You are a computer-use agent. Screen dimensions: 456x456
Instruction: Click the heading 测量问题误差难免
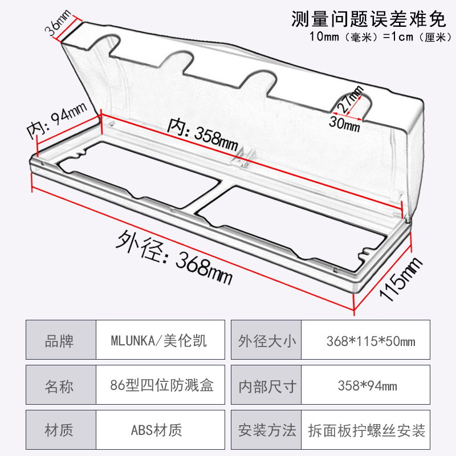367,21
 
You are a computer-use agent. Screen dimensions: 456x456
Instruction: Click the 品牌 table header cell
59,341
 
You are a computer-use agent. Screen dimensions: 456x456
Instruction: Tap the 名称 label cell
59,386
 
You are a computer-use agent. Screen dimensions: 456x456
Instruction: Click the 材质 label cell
59,430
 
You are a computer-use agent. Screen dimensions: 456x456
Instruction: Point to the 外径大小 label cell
267,341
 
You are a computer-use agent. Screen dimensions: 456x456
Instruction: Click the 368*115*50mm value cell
370,341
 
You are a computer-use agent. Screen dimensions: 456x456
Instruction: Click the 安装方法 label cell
267,430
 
